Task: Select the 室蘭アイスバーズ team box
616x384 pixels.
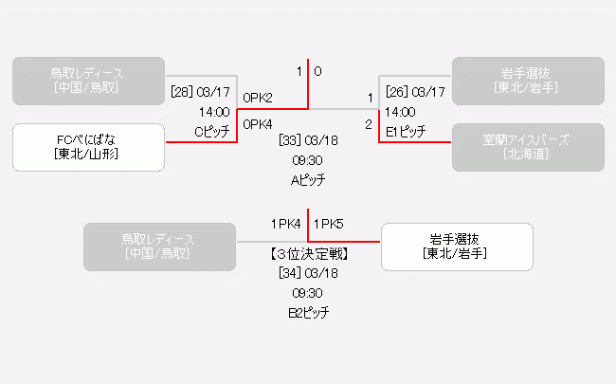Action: tap(527, 147)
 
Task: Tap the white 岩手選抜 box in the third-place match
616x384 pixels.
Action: tap(457, 247)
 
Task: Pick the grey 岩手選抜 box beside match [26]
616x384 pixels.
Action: tap(527, 81)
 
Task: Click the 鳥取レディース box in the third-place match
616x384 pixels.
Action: tap(158, 247)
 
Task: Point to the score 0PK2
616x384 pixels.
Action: tap(258, 98)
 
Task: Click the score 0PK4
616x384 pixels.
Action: tap(258, 123)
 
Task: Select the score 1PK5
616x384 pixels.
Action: tap(328, 225)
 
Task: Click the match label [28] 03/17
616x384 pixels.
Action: tap(200, 92)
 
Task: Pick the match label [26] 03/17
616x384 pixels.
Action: tap(416, 92)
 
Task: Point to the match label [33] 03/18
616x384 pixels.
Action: tap(308, 140)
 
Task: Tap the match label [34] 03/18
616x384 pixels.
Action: tap(308, 273)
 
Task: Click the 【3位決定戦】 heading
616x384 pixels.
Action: tap(308, 253)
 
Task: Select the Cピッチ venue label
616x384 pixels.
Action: tap(212, 132)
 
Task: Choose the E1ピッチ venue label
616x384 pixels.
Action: tap(405, 132)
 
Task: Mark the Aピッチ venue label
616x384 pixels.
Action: tap(308, 179)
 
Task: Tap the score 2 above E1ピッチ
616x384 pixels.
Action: tap(369, 123)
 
